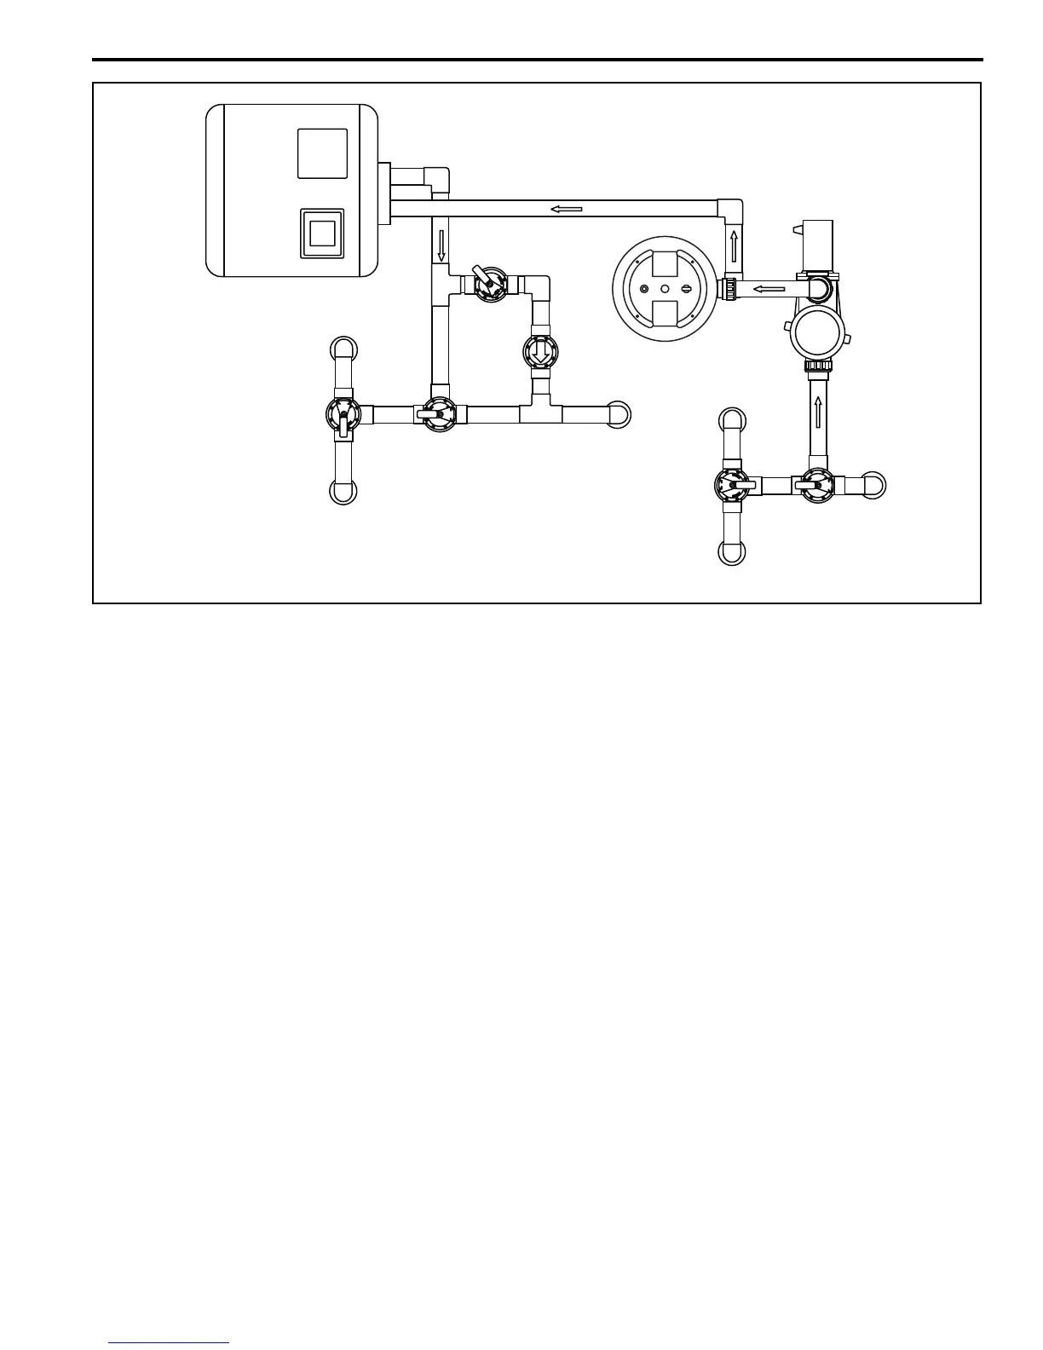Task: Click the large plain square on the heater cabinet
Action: coord(322,153)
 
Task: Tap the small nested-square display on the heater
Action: coord(322,233)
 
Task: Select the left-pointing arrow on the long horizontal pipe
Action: coord(566,209)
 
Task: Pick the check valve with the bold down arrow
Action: coord(540,350)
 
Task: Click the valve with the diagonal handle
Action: coord(490,286)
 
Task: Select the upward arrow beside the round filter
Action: coord(733,245)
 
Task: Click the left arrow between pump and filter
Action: coord(769,289)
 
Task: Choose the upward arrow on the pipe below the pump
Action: coord(818,411)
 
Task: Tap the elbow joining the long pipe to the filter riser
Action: coord(729,208)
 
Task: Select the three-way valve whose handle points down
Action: coord(343,415)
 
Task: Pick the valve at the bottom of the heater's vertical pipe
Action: coord(440,415)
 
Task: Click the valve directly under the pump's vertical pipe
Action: coord(818,486)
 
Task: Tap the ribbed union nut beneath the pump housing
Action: coord(818,366)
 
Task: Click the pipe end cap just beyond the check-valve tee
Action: coord(619,413)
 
